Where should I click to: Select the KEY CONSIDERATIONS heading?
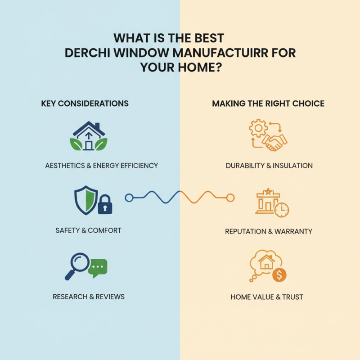pos(85,103)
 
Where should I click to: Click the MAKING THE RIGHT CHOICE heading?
pos(268,103)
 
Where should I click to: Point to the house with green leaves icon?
pos(89,136)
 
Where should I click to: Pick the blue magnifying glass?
pos(78,263)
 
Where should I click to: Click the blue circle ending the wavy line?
pos(129,197)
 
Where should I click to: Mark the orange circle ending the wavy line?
pos(230,197)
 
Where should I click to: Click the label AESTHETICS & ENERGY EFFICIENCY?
pos(102,166)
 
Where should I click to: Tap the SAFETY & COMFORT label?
pos(88,230)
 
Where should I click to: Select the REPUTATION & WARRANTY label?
pos(269,232)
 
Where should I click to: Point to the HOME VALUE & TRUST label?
pos(267,297)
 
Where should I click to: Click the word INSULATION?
pos(293,166)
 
